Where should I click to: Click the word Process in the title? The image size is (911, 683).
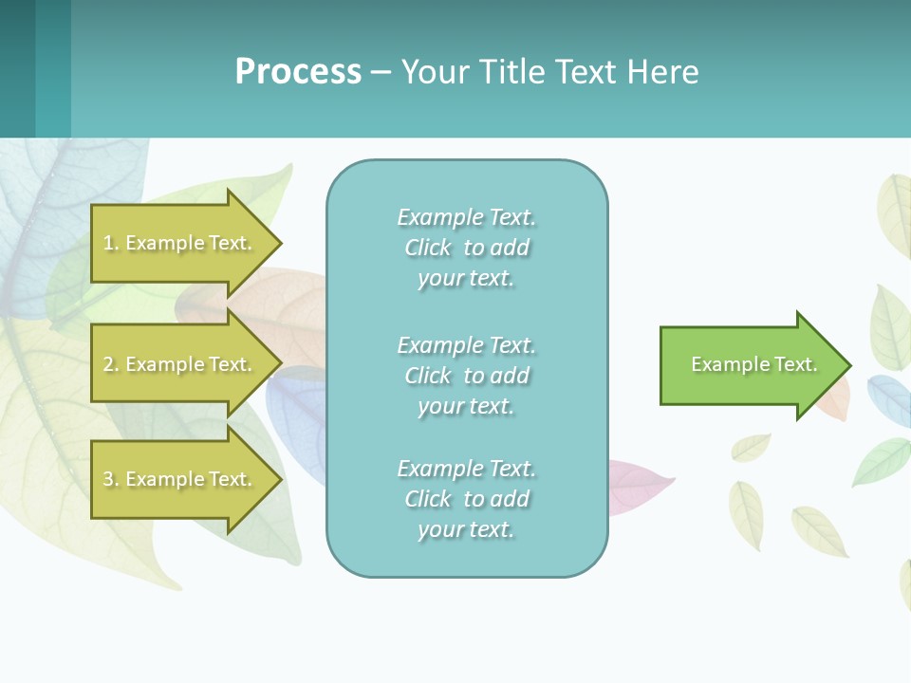click(298, 72)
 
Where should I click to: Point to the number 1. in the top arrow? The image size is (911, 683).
click(111, 243)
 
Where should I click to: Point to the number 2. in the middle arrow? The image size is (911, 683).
click(111, 364)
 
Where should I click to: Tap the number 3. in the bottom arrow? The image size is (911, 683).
click(111, 479)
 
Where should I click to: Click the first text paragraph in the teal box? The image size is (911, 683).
click(466, 248)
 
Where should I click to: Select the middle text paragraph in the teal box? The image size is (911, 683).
click(466, 376)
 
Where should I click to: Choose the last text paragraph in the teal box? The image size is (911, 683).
click(466, 499)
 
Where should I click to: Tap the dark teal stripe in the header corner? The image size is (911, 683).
click(17, 68)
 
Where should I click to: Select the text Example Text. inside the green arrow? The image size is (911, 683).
click(753, 364)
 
